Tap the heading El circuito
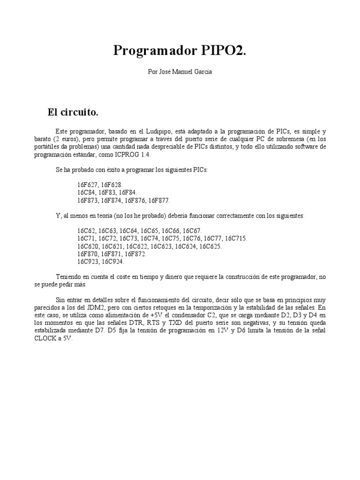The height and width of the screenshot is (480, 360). click(x=73, y=112)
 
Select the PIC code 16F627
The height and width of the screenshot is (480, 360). click(x=88, y=185)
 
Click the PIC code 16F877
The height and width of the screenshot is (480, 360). click(x=158, y=200)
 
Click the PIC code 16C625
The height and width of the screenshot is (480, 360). click(x=209, y=246)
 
